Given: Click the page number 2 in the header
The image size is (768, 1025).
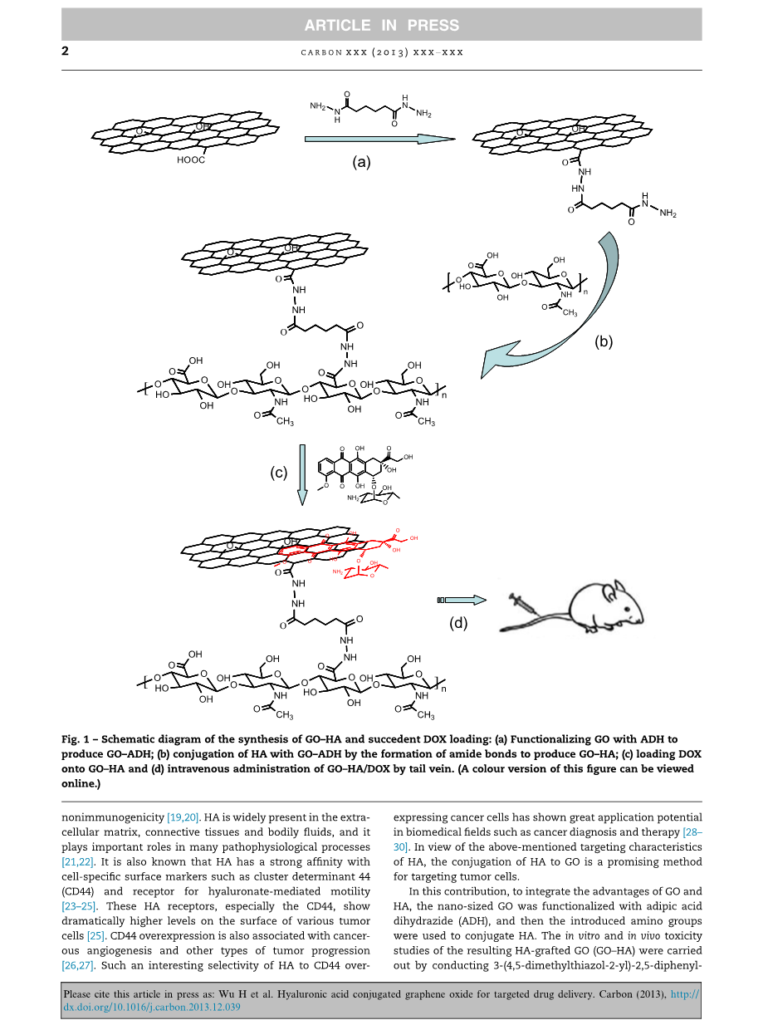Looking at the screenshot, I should (x=66, y=51).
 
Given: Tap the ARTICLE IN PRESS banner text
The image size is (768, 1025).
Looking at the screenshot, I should (x=381, y=26).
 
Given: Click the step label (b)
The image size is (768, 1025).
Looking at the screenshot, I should (x=604, y=341).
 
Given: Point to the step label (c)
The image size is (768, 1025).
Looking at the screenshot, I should (x=279, y=473).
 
